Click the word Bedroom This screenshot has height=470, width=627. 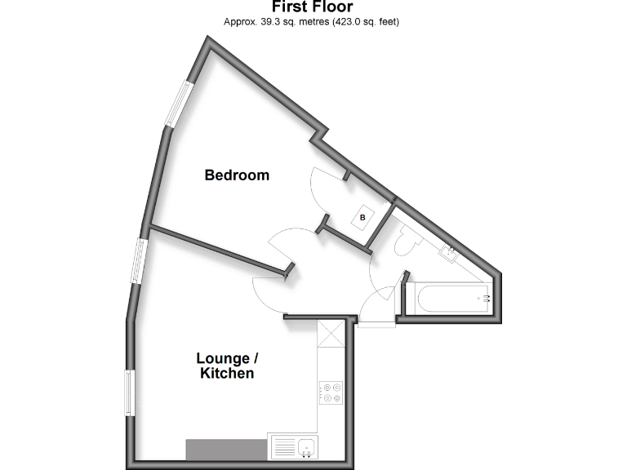[237, 175]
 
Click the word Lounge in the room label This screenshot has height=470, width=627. [222, 358]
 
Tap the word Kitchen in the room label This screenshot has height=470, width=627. [227, 374]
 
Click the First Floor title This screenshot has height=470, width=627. [313, 7]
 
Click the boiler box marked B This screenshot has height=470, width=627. [363, 218]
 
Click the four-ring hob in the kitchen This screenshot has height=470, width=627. [331, 392]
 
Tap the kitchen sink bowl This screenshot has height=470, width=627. [307, 446]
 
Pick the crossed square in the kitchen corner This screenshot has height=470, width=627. [331, 333]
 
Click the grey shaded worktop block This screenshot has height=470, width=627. [226, 449]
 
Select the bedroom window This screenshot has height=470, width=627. [178, 103]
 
